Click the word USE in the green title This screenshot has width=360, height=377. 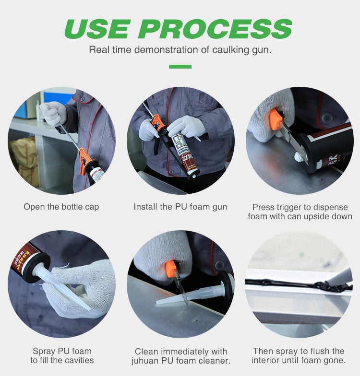point(97,29)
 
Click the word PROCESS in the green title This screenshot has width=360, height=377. point(216,29)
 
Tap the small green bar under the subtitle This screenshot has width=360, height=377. point(180,67)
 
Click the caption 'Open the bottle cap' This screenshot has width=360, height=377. point(61,207)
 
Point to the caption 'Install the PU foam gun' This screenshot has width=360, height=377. point(180,207)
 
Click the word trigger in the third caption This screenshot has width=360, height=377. point(291,207)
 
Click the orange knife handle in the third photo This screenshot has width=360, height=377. point(276,119)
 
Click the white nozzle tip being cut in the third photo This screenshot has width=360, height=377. point(300,157)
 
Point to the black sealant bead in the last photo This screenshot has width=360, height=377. point(299,284)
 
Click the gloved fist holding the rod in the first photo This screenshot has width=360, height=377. point(53,113)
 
